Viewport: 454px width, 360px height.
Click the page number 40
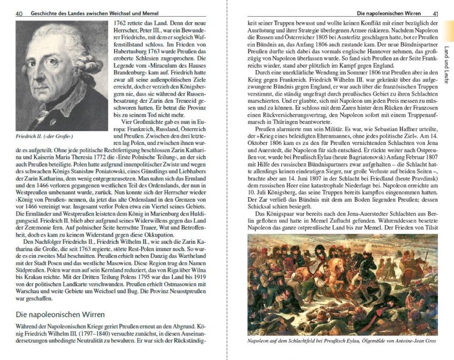point(18,13)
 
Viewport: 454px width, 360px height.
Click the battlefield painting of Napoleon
point(342,284)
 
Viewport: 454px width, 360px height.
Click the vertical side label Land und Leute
point(447,64)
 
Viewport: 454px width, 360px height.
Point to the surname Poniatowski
point(104,188)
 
